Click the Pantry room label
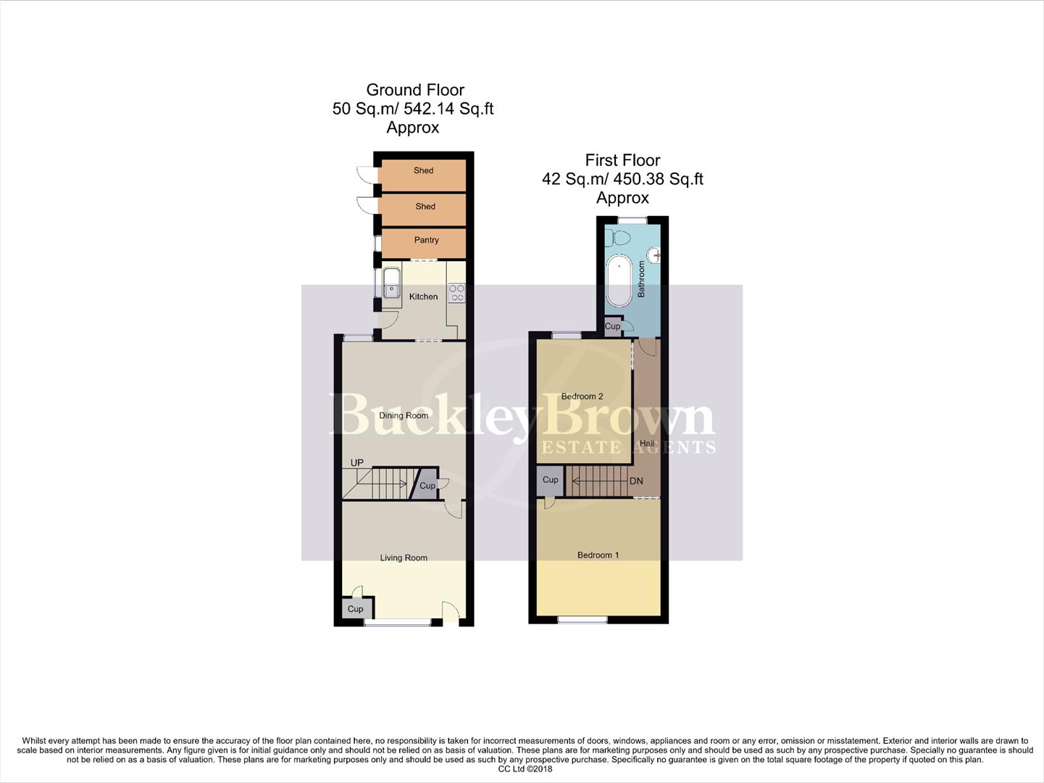[x=426, y=240]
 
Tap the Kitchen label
[x=423, y=297]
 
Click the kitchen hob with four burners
[x=456, y=293]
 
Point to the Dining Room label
[x=404, y=415]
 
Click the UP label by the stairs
[x=356, y=463]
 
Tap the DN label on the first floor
[x=636, y=481]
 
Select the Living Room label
[x=404, y=558]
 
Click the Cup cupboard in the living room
[x=354, y=608]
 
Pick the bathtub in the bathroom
[x=619, y=280]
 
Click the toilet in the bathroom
[x=620, y=236]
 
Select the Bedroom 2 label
[x=582, y=397]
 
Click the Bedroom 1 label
[x=598, y=555]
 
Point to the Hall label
[x=646, y=443]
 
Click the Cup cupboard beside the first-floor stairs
[x=550, y=480]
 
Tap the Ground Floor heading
[x=415, y=90]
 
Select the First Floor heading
[x=622, y=160]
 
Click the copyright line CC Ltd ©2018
[x=525, y=769]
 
